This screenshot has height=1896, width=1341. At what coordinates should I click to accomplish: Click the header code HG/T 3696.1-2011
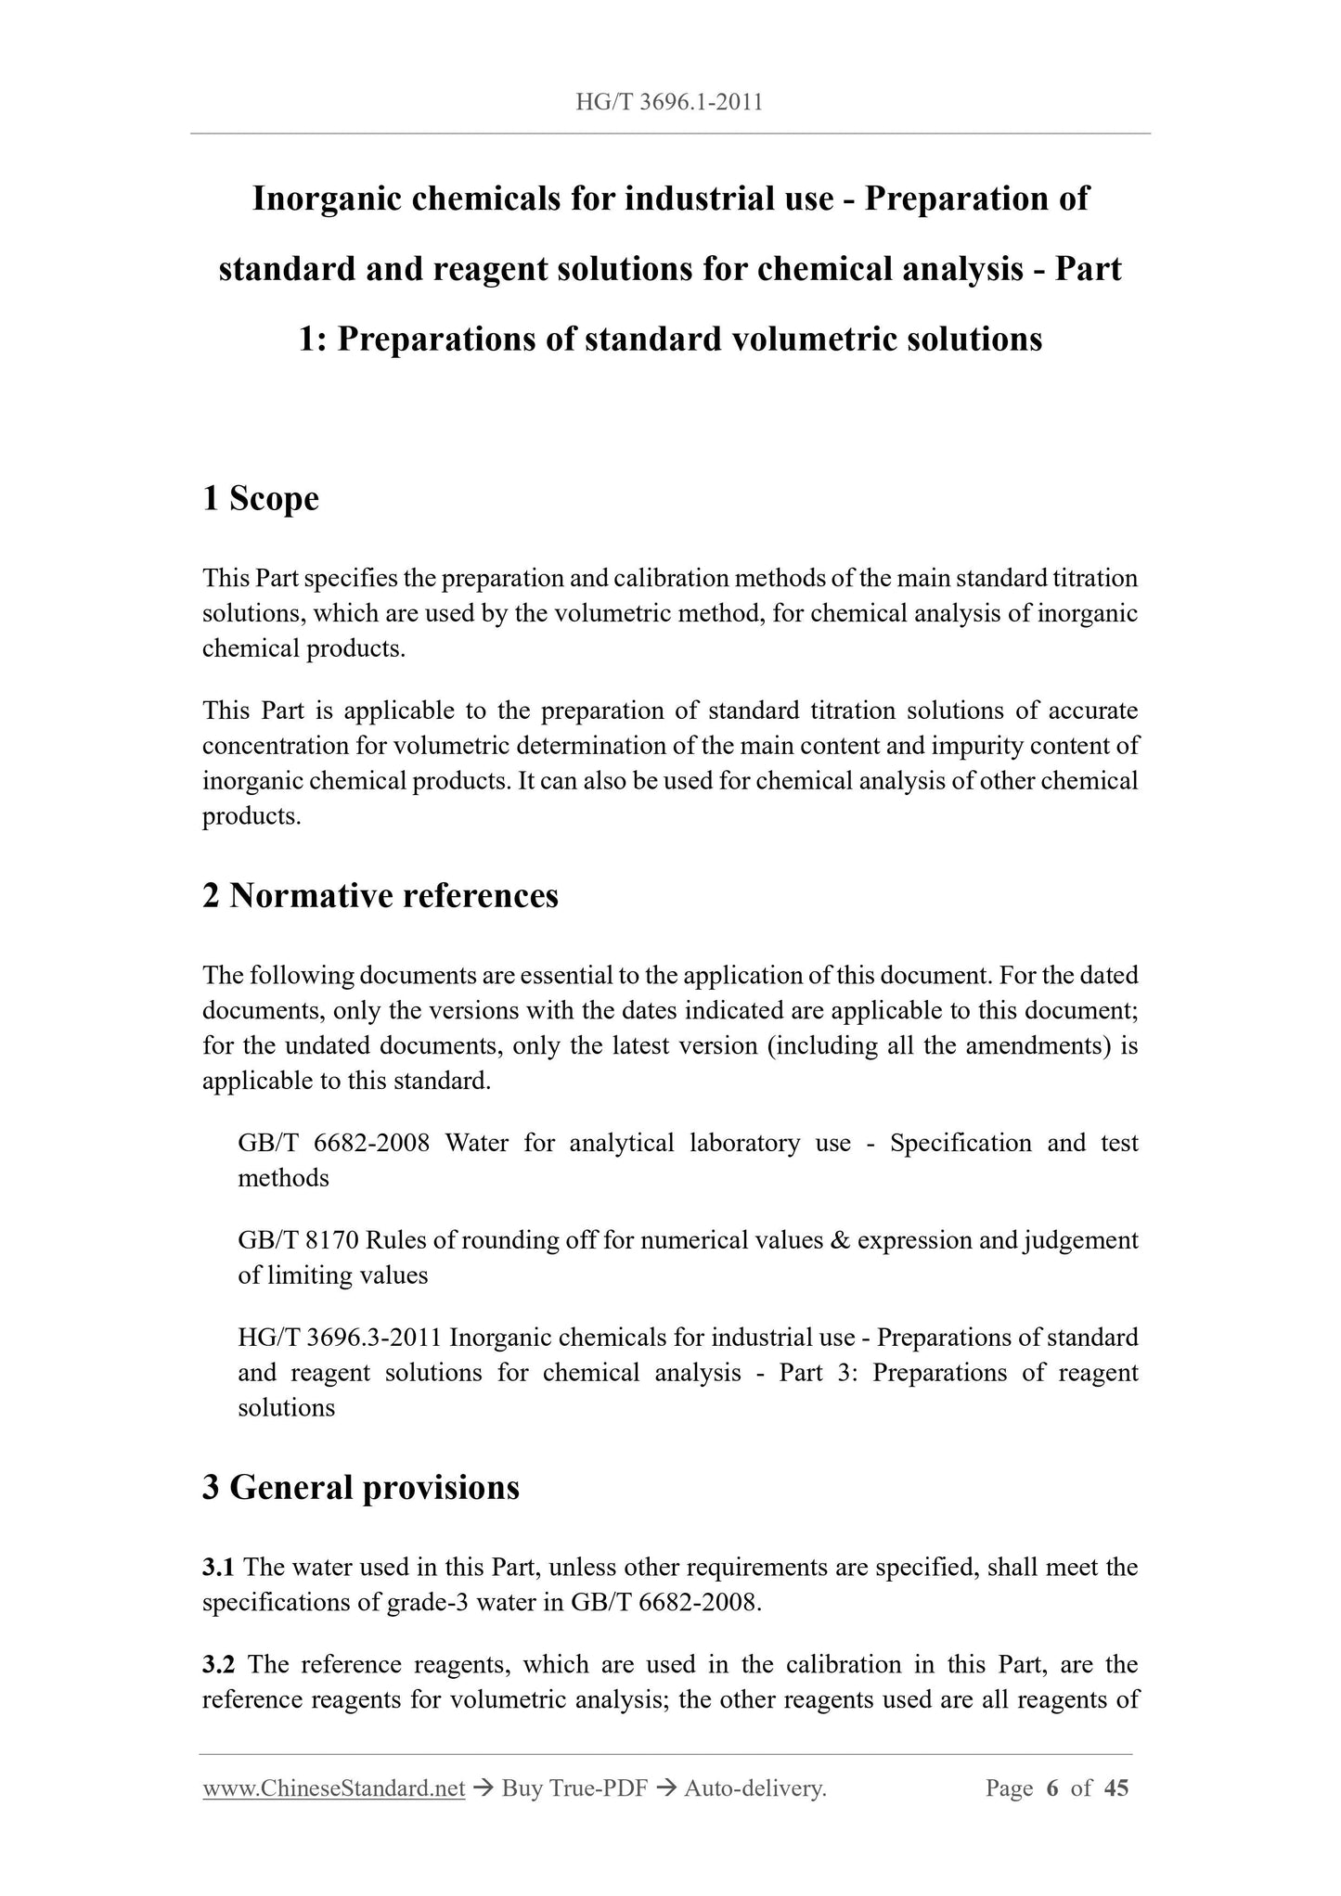669,103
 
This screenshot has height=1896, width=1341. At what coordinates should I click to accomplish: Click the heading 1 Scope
261,499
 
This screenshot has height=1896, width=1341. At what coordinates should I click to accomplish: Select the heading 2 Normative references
380,896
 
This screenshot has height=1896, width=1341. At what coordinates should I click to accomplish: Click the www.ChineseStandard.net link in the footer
333,1788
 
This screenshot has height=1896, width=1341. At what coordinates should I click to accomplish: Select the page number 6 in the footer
1051,1788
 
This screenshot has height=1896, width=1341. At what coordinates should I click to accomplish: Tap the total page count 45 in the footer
1116,1788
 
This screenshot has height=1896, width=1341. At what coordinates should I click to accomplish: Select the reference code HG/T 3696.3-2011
340,1338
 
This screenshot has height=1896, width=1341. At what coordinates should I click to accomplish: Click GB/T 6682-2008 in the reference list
333,1143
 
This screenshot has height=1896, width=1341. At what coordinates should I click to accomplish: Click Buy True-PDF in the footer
574,1788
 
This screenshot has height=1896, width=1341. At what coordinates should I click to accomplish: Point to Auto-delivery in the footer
754,1788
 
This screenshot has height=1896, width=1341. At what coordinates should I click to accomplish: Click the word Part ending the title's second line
1088,270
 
